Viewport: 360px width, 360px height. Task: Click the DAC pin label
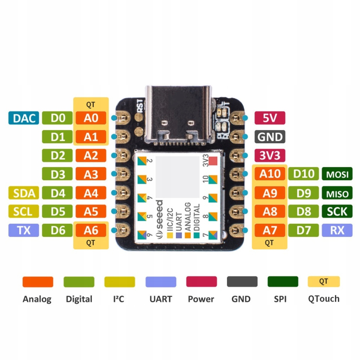pos(24,118)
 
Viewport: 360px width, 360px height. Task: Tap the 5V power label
pos(270,118)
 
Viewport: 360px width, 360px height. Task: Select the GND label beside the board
pos(270,137)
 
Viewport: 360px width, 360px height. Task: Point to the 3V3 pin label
pos(270,155)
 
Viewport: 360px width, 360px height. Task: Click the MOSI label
pos(337,174)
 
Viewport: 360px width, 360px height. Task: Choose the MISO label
pos(337,193)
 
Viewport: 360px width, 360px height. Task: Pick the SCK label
pos(337,211)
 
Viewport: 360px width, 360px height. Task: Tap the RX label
pos(337,230)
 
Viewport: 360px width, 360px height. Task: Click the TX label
pos(24,230)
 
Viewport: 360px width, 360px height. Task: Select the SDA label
pos(24,193)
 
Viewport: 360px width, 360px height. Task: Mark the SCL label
pos(24,211)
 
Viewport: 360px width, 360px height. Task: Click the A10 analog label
pos(270,174)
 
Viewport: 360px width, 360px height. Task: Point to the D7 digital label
pos(303,230)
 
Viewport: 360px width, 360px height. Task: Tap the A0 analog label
pos(91,118)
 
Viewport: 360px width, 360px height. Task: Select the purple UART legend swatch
pos(161,282)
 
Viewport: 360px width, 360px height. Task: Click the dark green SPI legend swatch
pos(283,282)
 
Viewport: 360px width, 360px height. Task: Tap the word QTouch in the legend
pos(324,299)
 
